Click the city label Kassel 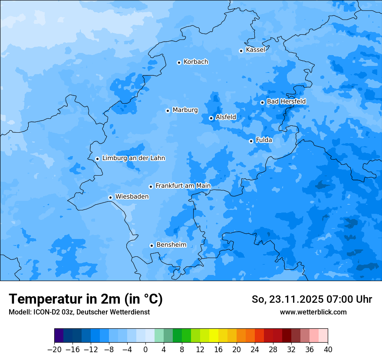click(x=255, y=50)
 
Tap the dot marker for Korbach click(x=179, y=62)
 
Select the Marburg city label click(x=185, y=110)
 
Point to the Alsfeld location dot click(x=211, y=118)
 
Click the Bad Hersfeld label click(x=286, y=101)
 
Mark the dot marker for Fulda click(x=251, y=141)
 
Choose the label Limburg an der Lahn click(x=133, y=158)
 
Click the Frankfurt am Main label click(x=183, y=186)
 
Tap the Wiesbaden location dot click(x=110, y=197)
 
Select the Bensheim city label click(x=171, y=245)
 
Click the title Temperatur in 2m click(x=86, y=299)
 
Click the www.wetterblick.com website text click(x=313, y=312)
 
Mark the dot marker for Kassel click(x=241, y=51)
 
